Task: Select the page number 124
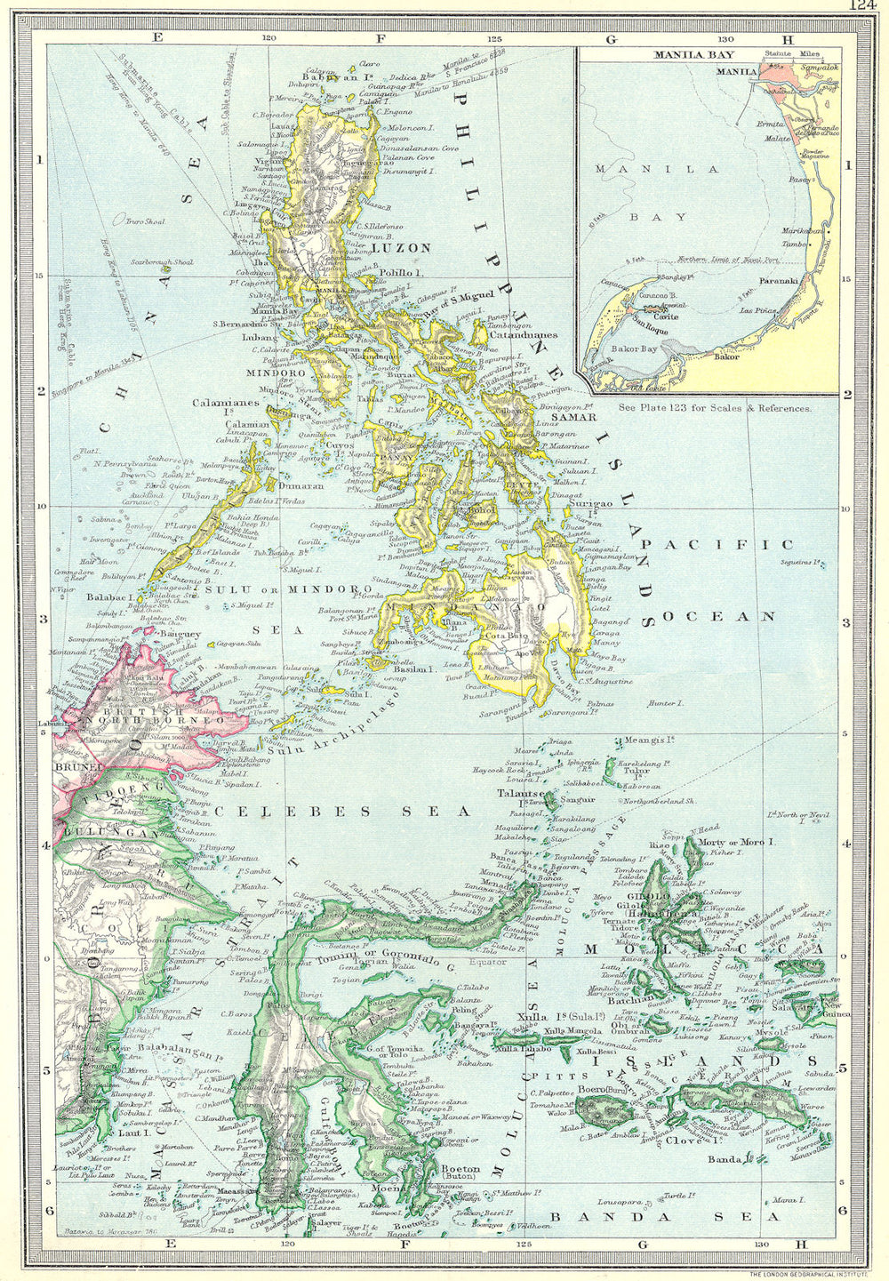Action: coord(862,5)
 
